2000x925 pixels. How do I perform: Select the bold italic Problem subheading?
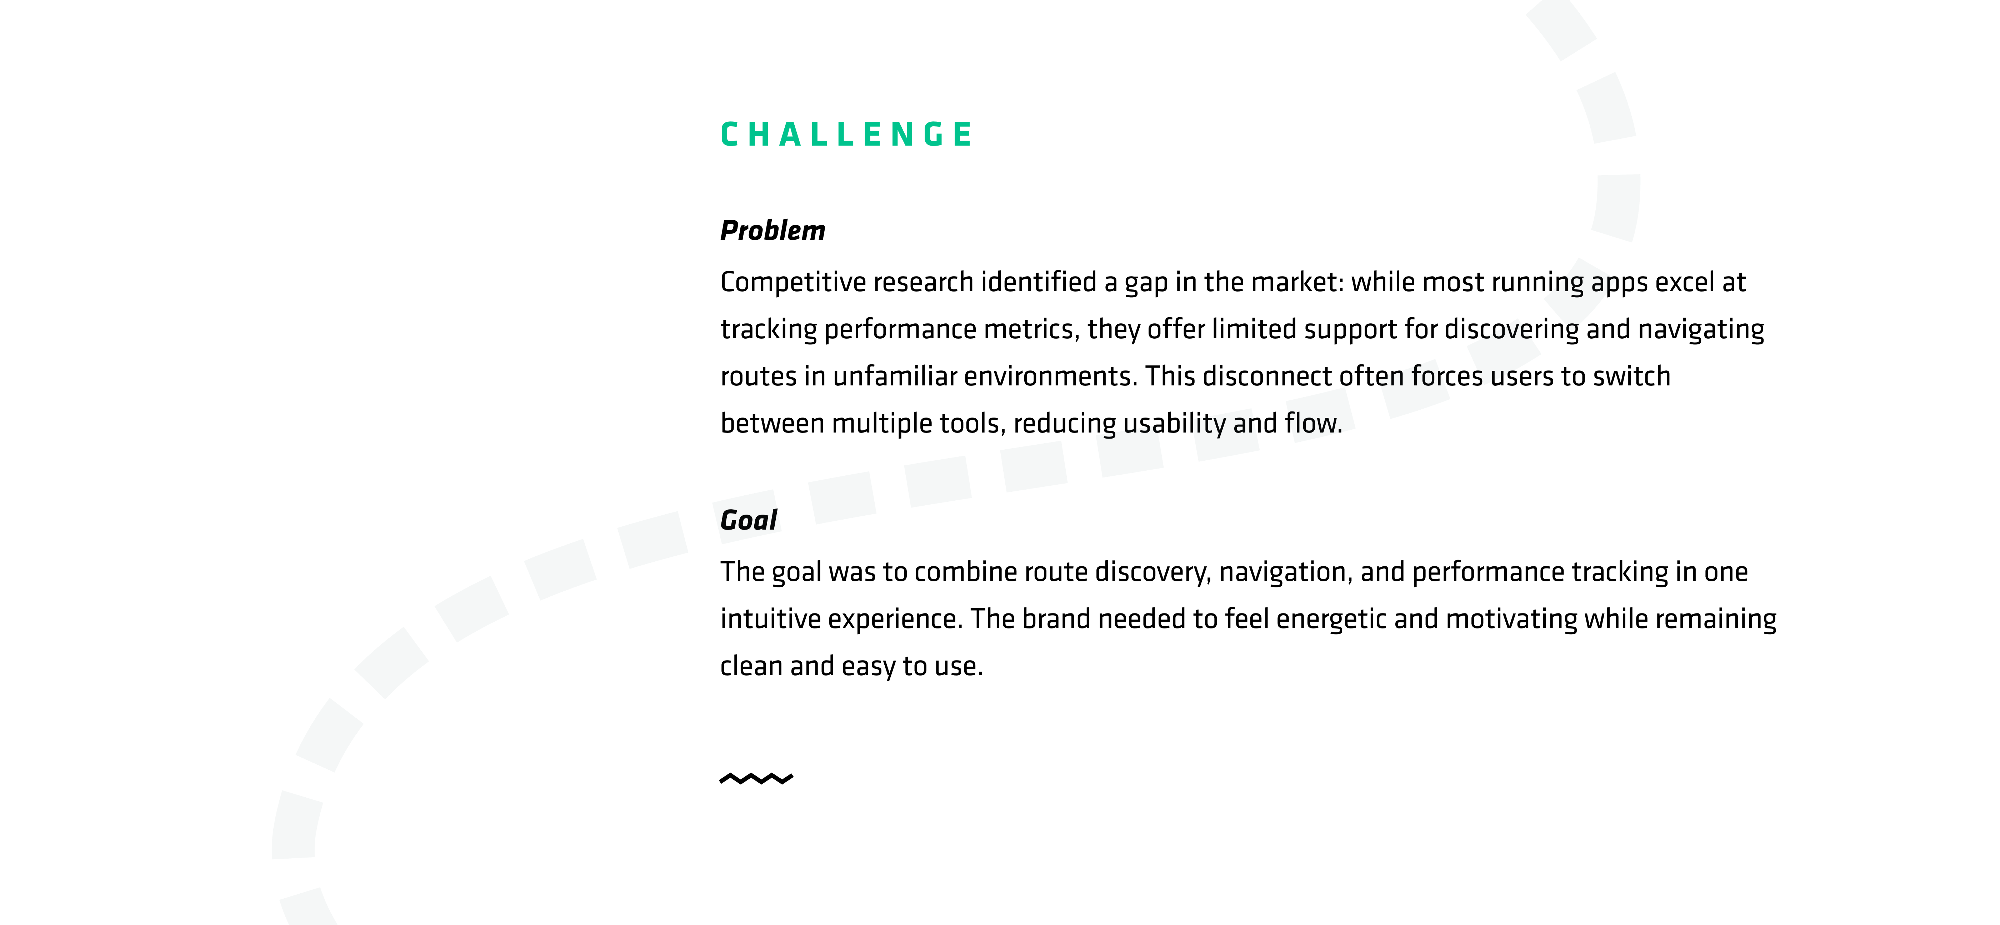(x=772, y=231)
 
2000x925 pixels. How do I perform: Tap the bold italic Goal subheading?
(x=749, y=520)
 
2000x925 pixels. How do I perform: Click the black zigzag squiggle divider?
(x=756, y=778)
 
